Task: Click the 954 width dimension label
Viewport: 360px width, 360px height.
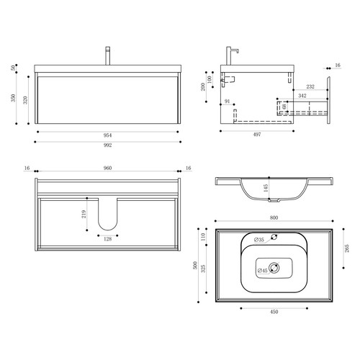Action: (107, 135)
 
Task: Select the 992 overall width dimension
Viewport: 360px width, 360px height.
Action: (108, 145)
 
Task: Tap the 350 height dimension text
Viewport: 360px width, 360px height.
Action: (13, 98)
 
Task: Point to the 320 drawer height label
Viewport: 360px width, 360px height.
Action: (25, 100)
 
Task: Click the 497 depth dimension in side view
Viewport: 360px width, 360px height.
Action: (257, 135)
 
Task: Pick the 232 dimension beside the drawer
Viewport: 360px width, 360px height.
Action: (310, 86)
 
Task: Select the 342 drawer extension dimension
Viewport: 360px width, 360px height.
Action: (302, 96)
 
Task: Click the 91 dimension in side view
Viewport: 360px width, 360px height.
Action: (227, 102)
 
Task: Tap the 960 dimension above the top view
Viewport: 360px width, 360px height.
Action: (107, 168)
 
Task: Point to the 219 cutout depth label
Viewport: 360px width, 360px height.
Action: (84, 214)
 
